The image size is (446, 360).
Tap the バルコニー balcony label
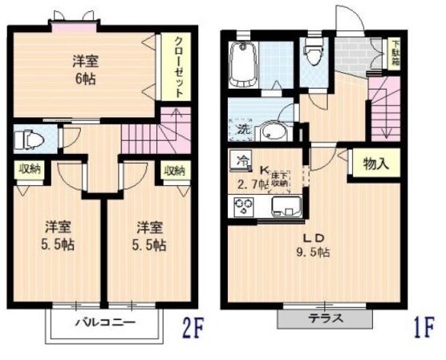[x=105, y=324]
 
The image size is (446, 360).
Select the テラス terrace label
[x=326, y=318]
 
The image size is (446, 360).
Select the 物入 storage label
[x=376, y=164]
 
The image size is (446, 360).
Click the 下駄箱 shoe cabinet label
[x=395, y=55]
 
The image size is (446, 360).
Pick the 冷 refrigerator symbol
[x=239, y=160]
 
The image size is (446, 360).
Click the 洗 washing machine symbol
[x=241, y=127]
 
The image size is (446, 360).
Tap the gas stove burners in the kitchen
[x=242, y=207]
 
